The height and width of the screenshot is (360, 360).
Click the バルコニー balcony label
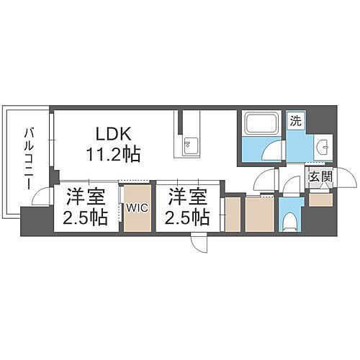[x=29, y=158]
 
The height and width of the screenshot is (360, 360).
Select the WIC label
[x=138, y=208]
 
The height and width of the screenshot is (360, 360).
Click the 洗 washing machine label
[x=295, y=122]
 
